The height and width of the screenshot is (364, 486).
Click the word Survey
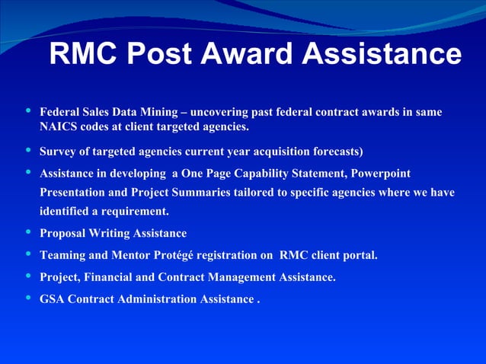click(59, 151)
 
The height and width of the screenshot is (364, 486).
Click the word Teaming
click(63, 255)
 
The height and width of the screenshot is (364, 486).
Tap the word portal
click(360, 255)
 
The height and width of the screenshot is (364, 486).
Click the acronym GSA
click(53, 299)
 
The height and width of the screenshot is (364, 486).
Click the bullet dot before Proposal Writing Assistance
click(29, 231)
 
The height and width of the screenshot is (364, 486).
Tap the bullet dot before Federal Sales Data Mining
click(29, 110)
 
